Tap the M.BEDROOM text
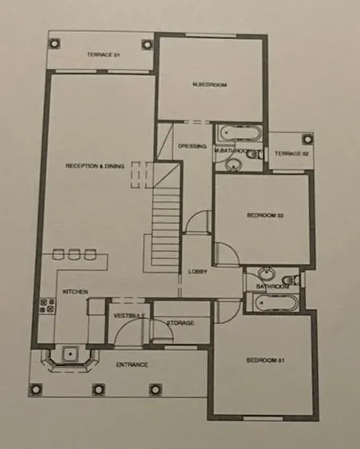[210, 85]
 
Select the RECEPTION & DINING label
[95, 166]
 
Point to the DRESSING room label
[192, 146]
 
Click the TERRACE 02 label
[291, 154]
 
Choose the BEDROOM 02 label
[265, 215]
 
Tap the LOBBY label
[197, 271]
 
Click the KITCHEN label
[75, 292]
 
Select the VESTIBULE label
[129, 316]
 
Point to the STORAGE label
[180, 323]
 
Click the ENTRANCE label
[132, 364]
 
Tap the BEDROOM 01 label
[266, 360]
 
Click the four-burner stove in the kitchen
[47, 305]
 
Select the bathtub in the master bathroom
[240, 133]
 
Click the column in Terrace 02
[307, 140]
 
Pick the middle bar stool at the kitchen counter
[73, 254]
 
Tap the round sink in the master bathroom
[234, 165]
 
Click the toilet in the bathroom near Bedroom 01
[291, 279]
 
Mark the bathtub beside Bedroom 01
[276, 303]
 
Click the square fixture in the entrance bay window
[70, 354]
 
